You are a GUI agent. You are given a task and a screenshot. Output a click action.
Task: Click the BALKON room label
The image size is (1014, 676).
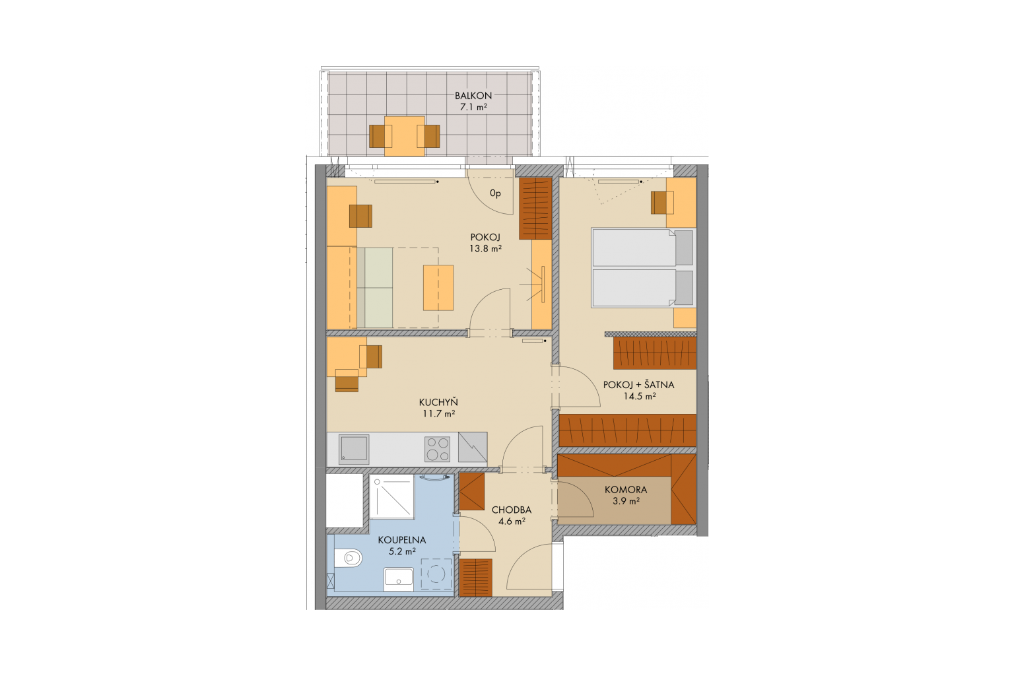point(473,96)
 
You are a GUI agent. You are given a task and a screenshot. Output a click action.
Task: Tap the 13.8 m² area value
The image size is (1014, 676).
point(486,248)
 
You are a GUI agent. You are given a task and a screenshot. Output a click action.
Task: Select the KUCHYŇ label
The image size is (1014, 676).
point(438,402)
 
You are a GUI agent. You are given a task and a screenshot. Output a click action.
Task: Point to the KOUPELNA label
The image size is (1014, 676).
point(402,540)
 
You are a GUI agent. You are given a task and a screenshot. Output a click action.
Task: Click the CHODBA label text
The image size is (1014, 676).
point(512,510)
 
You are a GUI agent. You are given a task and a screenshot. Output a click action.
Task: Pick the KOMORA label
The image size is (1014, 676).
point(626,489)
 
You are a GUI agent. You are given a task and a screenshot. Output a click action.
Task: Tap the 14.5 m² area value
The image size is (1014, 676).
point(640,396)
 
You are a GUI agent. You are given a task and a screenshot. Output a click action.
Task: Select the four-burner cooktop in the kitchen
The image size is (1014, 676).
point(437,449)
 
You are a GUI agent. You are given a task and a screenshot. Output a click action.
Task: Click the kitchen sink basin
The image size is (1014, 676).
point(354,448)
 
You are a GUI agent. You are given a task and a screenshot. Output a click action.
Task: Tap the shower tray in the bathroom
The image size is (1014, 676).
point(392,496)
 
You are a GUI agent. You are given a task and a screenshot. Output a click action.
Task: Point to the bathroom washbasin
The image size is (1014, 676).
point(398,579)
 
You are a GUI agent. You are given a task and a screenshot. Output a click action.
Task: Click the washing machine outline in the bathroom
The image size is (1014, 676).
point(437,574)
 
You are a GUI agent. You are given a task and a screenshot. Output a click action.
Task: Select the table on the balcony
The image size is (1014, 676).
point(404,136)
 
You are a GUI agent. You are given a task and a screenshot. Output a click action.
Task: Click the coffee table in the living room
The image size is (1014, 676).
point(438,288)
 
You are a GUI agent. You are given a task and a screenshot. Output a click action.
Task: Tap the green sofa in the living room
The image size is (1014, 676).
point(374,288)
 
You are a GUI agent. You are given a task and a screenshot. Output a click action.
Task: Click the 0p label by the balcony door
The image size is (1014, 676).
point(495,194)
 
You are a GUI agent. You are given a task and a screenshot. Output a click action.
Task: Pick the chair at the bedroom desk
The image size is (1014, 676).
point(662,203)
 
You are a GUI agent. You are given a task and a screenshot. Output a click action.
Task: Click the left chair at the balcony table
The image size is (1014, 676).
point(380,136)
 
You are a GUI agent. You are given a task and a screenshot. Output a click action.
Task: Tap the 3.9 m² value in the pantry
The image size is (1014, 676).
point(626,501)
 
